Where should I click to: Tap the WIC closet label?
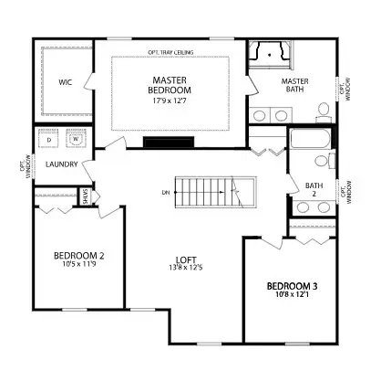[66, 82]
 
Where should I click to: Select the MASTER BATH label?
[293, 86]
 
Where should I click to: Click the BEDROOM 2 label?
[78, 255]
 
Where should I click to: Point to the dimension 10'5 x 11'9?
[78, 266]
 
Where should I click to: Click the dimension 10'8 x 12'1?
[291, 293]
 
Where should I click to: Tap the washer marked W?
[76, 140]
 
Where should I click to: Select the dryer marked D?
[49, 140]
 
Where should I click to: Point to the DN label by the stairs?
[165, 192]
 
